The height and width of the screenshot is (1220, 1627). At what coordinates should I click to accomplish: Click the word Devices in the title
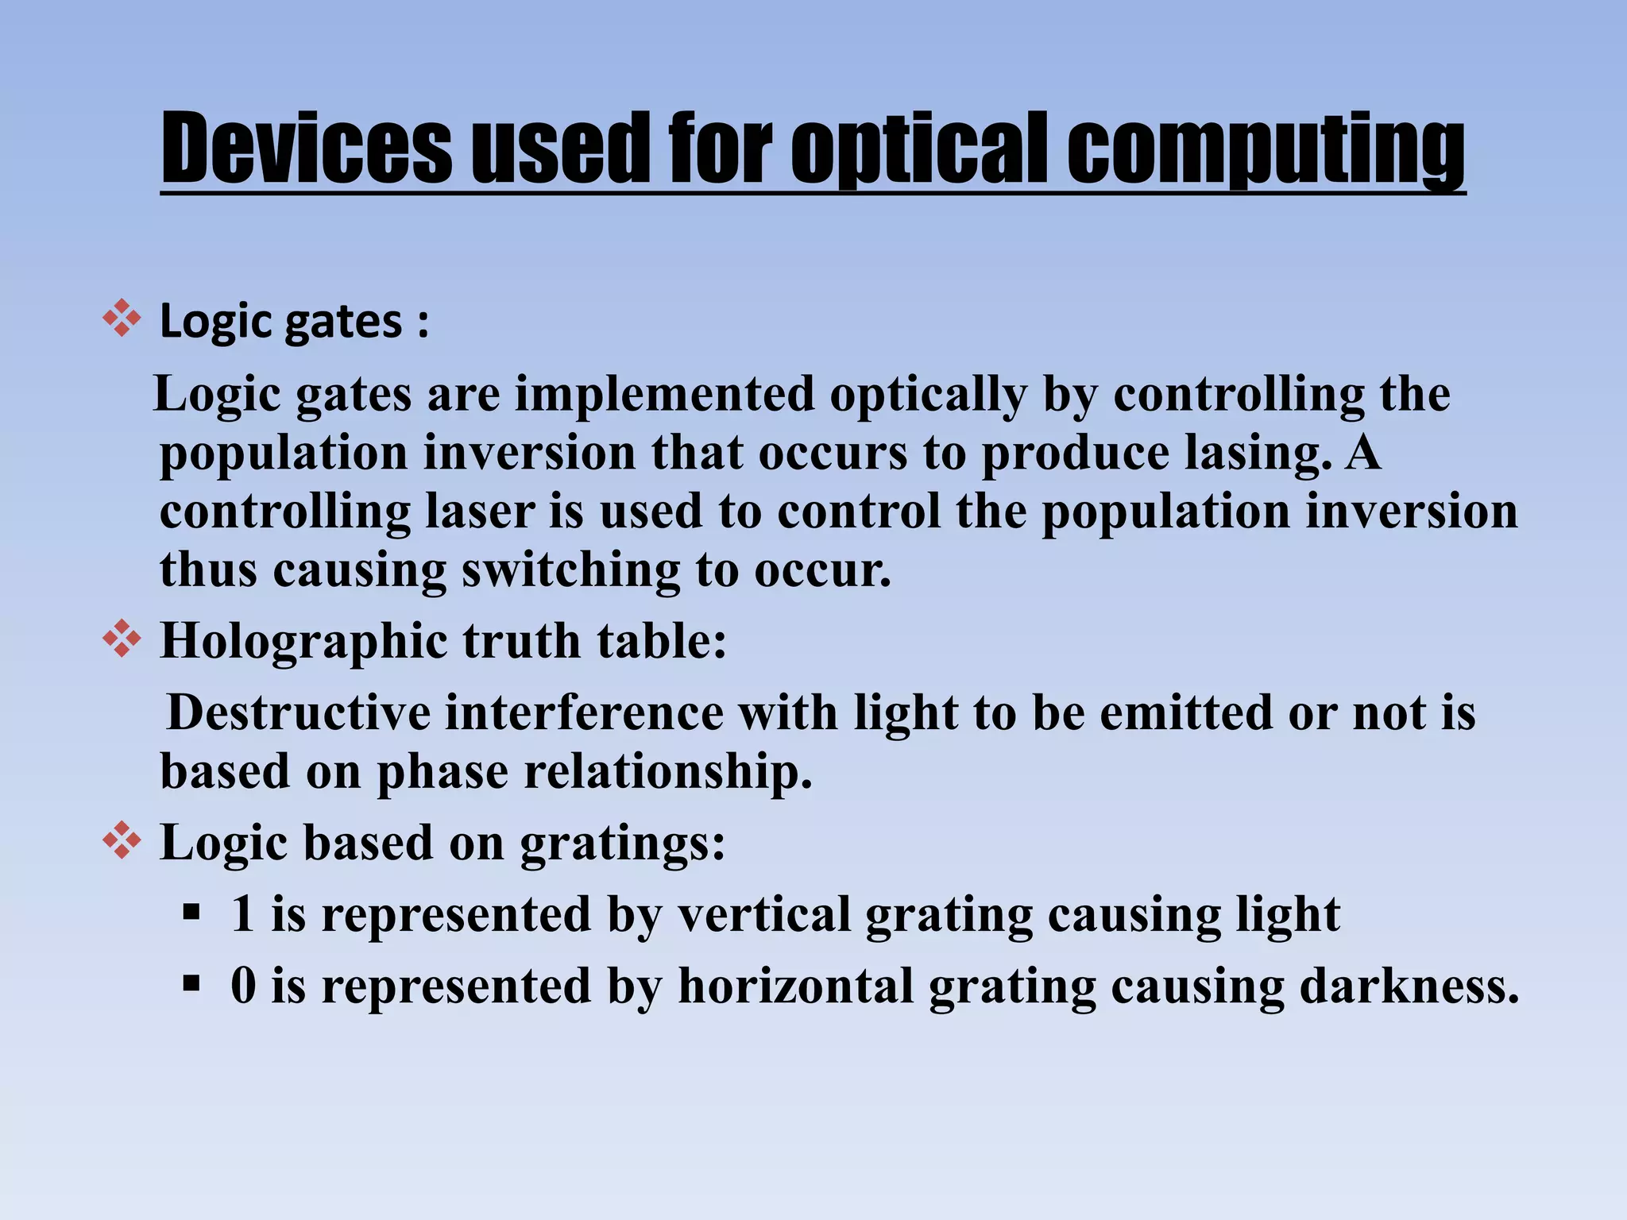coord(307,148)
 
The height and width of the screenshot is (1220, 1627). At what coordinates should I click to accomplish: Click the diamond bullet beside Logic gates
coord(122,319)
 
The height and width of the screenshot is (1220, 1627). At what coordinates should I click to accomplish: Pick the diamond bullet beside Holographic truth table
coord(122,639)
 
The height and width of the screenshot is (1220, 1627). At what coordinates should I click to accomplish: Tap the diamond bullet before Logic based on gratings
coord(122,840)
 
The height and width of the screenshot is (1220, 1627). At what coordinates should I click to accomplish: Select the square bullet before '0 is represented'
coord(191,983)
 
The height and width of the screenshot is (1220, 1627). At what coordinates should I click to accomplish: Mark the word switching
coord(570,570)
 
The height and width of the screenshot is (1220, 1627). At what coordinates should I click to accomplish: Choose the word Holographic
coord(304,640)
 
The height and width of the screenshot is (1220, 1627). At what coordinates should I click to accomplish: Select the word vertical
coord(764,913)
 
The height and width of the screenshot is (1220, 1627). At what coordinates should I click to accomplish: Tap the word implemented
coord(665,394)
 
